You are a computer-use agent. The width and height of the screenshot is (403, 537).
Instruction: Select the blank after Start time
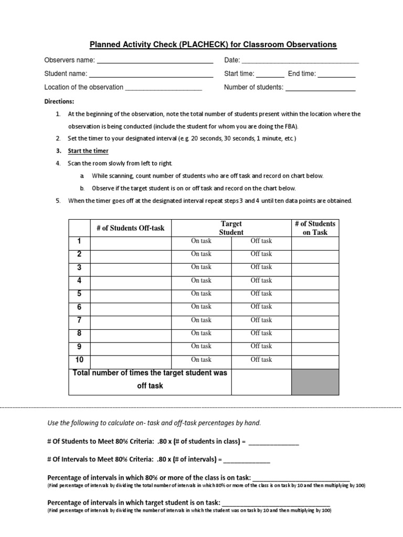coord(270,75)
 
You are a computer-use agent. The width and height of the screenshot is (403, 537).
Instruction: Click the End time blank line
coord(336,75)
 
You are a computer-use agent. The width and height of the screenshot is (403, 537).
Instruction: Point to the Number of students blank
coord(320,89)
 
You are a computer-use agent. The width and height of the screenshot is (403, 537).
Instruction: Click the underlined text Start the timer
coord(88,151)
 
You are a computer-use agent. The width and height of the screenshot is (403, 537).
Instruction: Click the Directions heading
coord(59,101)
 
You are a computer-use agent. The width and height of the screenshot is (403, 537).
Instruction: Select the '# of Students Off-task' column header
coord(130,228)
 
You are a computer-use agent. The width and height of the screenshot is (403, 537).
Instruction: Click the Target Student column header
coord(231,228)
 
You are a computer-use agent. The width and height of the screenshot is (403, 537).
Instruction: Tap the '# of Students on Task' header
coord(315,228)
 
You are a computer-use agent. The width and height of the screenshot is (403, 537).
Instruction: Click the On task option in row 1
coord(201,241)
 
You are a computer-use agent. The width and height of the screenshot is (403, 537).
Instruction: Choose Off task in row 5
coord(261,294)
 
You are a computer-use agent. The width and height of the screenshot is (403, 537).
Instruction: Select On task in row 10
coord(201,360)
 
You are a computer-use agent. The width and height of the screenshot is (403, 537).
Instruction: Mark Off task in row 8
coord(261,333)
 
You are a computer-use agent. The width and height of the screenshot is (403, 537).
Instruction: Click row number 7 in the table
coord(79,320)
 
